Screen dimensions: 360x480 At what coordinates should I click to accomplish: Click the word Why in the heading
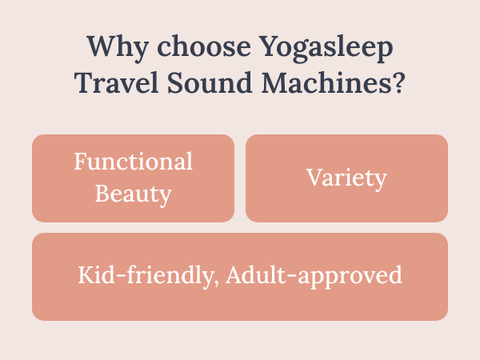tap(110, 46)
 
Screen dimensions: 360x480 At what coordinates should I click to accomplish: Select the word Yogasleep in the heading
tap(323, 46)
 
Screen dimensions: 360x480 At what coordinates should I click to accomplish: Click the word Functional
tap(134, 162)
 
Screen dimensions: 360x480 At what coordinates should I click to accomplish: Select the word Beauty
tap(134, 193)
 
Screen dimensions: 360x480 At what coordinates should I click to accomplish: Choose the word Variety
tap(346, 178)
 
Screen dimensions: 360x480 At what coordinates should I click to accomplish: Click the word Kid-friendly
tap(148, 276)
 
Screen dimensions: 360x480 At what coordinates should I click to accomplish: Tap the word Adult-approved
tap(314, 276)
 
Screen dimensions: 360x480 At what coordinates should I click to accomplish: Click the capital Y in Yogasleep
tap(265, 46)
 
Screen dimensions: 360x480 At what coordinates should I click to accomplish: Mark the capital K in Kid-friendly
tap(86, 275)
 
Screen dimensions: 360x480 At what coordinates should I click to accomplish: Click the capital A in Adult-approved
tap(234, 275)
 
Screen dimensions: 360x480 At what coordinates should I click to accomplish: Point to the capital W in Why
tap(98, 46)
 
